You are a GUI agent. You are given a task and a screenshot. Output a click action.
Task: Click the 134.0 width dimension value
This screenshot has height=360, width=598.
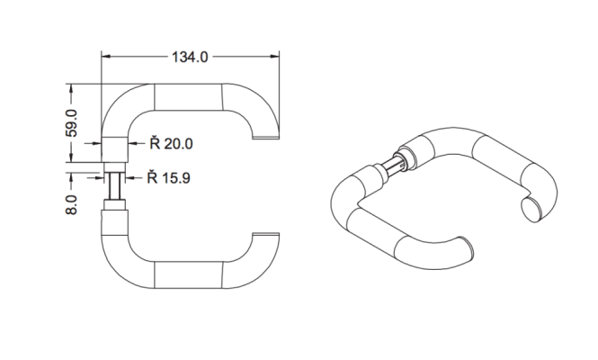point(189,58)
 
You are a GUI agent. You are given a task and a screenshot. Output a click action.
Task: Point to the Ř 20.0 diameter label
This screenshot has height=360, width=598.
point(172,143)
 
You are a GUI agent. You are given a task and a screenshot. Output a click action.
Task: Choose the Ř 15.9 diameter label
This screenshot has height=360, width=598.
point(172,176)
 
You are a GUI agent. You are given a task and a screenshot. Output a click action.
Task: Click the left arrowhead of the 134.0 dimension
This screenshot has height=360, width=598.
point(106,58)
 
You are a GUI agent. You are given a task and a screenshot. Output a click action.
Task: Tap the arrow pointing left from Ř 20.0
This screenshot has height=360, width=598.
point(135,143)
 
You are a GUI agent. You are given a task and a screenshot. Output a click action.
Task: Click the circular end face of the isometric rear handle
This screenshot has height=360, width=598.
point(532,210)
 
